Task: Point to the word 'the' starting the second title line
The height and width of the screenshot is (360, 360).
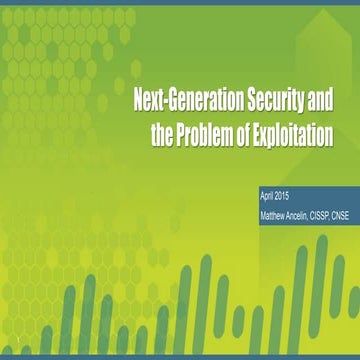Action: pyautogui.click(x=163, y=134)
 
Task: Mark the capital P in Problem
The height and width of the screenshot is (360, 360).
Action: pyautogui.click(x=183, y=134)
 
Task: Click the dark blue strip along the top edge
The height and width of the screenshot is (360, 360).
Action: pyautogui.click(x=180, y=2)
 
